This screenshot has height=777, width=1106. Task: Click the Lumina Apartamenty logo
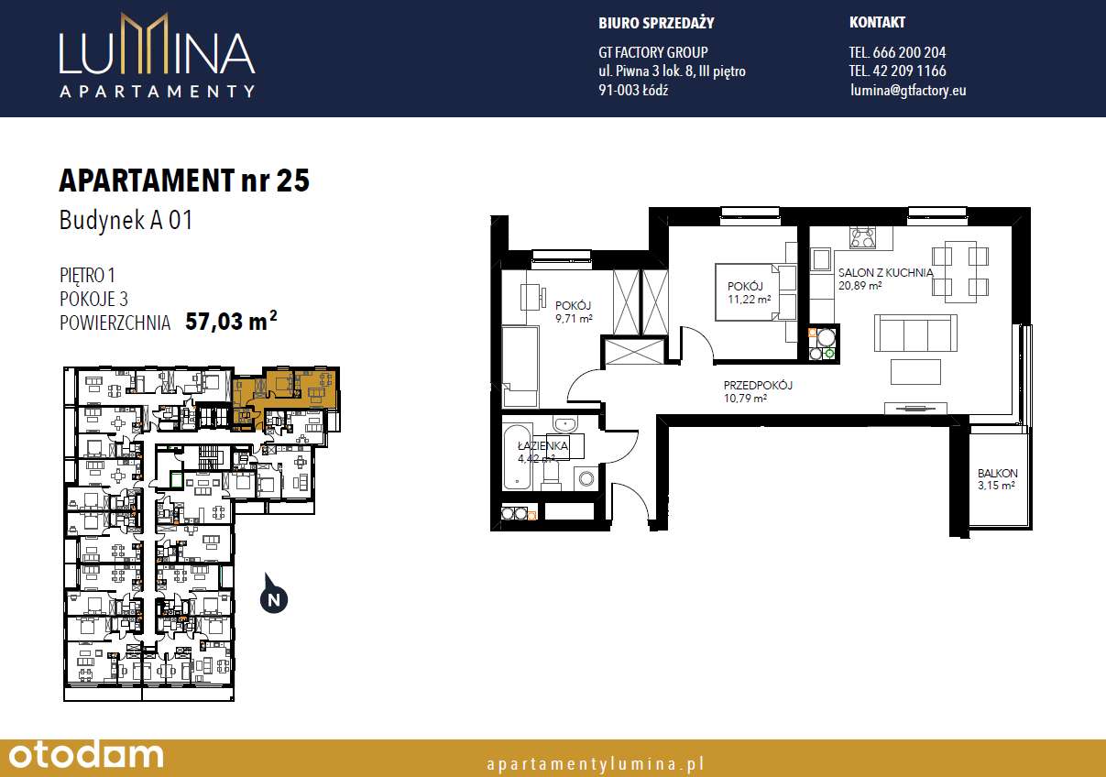point(157,56)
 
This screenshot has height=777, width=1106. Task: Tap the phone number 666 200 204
point(897,52)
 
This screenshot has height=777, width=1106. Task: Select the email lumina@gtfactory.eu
point(907,90)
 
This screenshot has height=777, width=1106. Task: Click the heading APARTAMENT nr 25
point(184,181)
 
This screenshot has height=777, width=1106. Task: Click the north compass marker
point(273,599)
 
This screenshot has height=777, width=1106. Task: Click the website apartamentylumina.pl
point(596,762)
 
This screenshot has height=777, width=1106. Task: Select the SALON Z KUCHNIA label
point(885,272)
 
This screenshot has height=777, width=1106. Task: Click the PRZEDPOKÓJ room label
point(757,386)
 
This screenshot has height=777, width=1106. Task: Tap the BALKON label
point(996,474)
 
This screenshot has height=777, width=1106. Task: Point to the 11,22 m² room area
point(749,299)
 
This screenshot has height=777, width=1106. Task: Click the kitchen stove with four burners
point(863,238)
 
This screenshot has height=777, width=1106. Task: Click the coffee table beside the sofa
point(916,371)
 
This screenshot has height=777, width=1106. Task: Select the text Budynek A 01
point(126,221)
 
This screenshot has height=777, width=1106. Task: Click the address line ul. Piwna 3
point(672,71)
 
